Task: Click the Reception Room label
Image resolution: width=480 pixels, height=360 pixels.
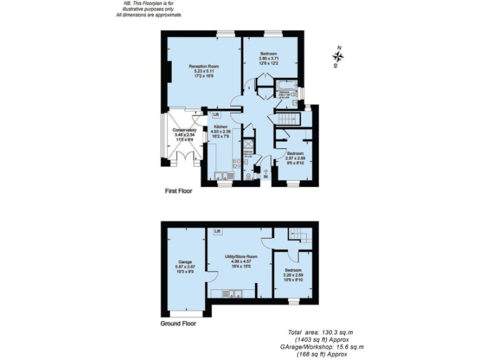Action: point(204,66)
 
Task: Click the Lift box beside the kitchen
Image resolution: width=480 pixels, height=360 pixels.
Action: point(216,115)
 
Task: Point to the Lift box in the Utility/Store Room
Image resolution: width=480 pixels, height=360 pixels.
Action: point(217,231)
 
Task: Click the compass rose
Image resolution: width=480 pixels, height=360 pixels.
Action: point(338,56)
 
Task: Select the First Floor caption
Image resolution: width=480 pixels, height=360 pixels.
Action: point(177,191)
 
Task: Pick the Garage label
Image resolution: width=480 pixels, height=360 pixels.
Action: point(185,261)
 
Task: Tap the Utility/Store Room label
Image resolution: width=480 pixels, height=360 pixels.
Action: point(241,257)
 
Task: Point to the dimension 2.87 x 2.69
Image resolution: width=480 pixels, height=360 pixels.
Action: point(295,158)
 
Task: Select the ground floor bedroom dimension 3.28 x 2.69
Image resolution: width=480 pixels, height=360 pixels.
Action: point(292,274)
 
